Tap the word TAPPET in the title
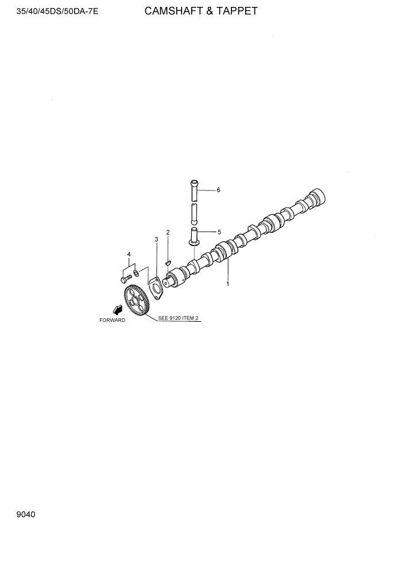pyautogui.click(x=237, y=10)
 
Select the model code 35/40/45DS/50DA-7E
pyautogui.click(x=50, y=11)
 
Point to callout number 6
pyautogui.click(x=218, y=190)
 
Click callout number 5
pyautogui.click(x=218, y=232)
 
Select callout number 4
pyautogui.click(x=129, y=254)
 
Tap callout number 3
pyautogui.click(x=156, y=239)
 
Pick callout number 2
pyautogui.click(x=168, y=232)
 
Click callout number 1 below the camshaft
pyautogui.click(x=227, y=283)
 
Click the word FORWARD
pyautogui.click(x=112, y=320)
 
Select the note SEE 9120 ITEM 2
pyautogui.click(x=178, y=318)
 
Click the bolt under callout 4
pyautogui.click(x=125, y=279)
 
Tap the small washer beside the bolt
pyautogui.click(x=136, y=272)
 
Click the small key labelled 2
pyautogui.click(x=168, y=263)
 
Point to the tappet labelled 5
pyautogui.click(x=195, y=235)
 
